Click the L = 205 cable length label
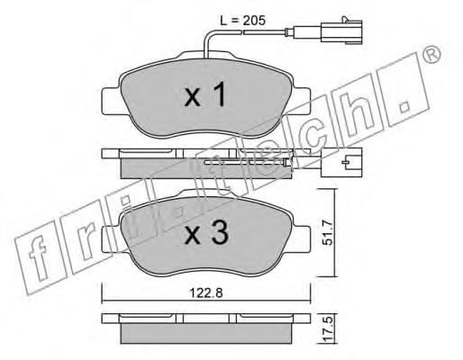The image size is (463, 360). (242, 21)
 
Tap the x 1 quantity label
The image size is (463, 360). (205, 95)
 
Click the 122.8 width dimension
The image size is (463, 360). (206, 292)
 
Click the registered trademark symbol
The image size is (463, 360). (432, 54)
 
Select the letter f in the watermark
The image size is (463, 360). (39, 259)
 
